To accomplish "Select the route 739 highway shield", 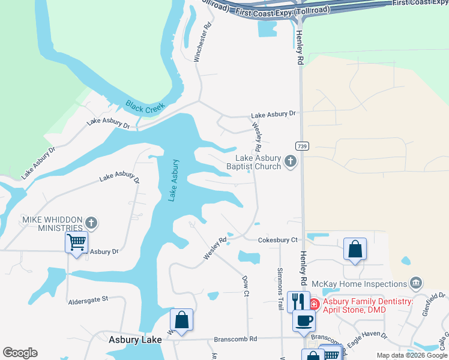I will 301,146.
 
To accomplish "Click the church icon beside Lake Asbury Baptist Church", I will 291,160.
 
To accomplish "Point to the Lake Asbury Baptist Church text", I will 258,163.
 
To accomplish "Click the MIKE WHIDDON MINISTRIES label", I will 52,224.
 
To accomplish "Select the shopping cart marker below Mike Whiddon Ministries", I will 76,243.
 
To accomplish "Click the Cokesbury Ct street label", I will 278,240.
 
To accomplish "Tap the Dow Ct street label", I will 246,286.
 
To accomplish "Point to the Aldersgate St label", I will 88,298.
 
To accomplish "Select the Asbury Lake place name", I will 135,340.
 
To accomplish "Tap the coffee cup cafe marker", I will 304,320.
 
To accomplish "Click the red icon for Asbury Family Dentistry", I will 314,302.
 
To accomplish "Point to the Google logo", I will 20,353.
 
